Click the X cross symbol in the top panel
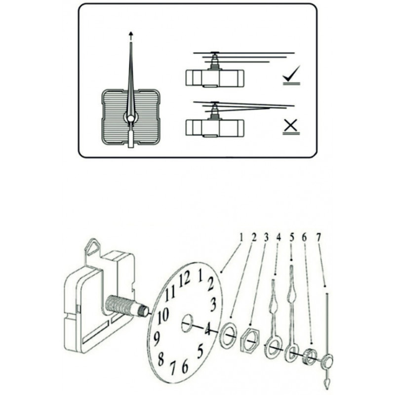click(291, 127)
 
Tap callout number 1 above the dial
click(241, 237)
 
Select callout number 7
click(318, 237)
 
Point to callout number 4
click(279, 237)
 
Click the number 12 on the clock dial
click(185, 279)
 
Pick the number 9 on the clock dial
click(156, 338)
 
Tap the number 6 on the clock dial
click(185, 367)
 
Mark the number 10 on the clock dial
click(163, 315)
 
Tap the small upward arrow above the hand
click(131, 35)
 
